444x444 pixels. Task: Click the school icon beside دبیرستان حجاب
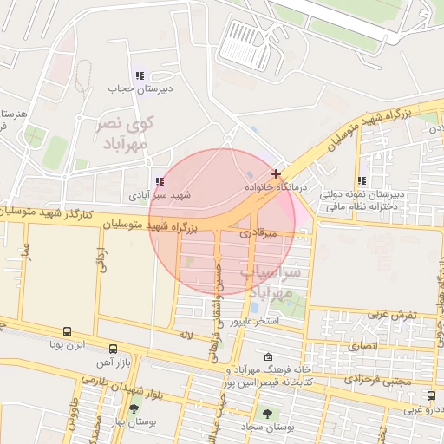140,75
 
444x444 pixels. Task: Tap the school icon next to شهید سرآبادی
159,182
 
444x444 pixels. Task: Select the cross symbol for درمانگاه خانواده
277,173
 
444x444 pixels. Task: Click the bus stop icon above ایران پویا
67,331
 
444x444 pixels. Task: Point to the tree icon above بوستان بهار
134,408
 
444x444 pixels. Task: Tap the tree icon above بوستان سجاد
266,414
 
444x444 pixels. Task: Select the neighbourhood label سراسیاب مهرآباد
278,283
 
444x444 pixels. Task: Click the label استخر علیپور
253,322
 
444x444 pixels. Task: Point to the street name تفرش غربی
393,313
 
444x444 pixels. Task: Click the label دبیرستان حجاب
130,88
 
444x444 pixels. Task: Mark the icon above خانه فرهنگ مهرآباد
267,357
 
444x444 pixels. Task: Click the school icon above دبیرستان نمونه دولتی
362,181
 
